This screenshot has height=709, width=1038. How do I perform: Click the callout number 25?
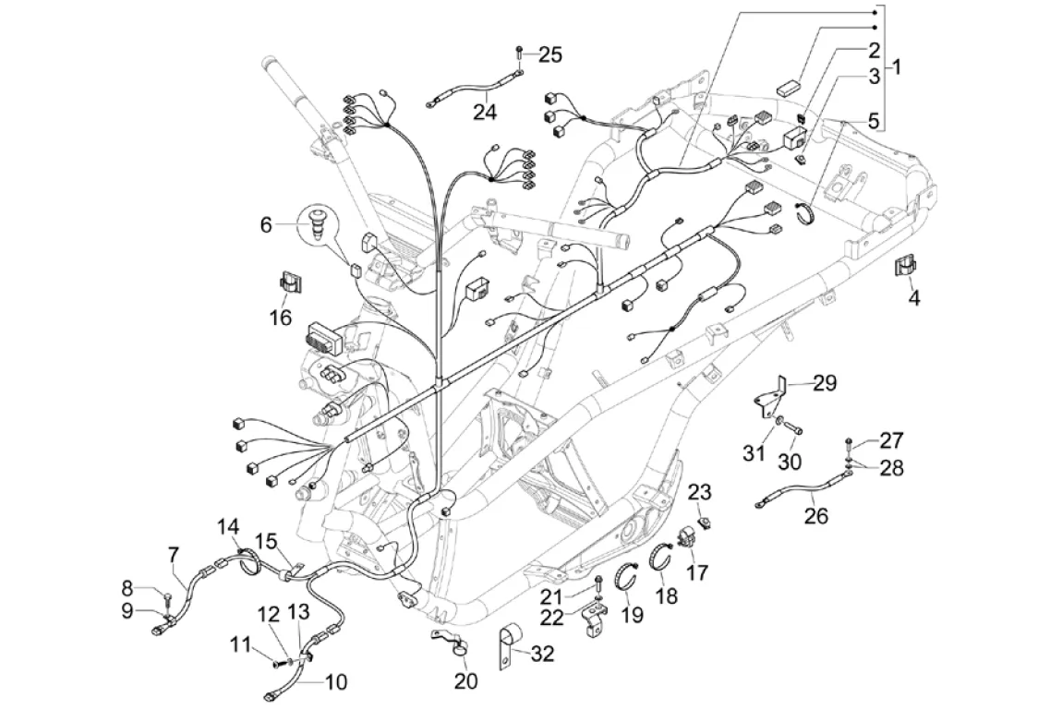549,55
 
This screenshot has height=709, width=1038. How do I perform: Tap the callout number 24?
485,112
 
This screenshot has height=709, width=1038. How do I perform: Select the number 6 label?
266,224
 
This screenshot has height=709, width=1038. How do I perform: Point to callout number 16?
281,318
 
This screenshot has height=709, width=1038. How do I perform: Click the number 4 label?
913,298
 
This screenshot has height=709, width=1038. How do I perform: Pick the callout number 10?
336,682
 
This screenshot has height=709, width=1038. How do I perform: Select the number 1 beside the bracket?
895,66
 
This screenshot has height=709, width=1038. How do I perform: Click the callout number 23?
700,490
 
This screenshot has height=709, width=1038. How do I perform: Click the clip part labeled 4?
904,267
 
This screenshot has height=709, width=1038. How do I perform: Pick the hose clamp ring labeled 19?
632,574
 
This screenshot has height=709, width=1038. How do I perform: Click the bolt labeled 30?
794,427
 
